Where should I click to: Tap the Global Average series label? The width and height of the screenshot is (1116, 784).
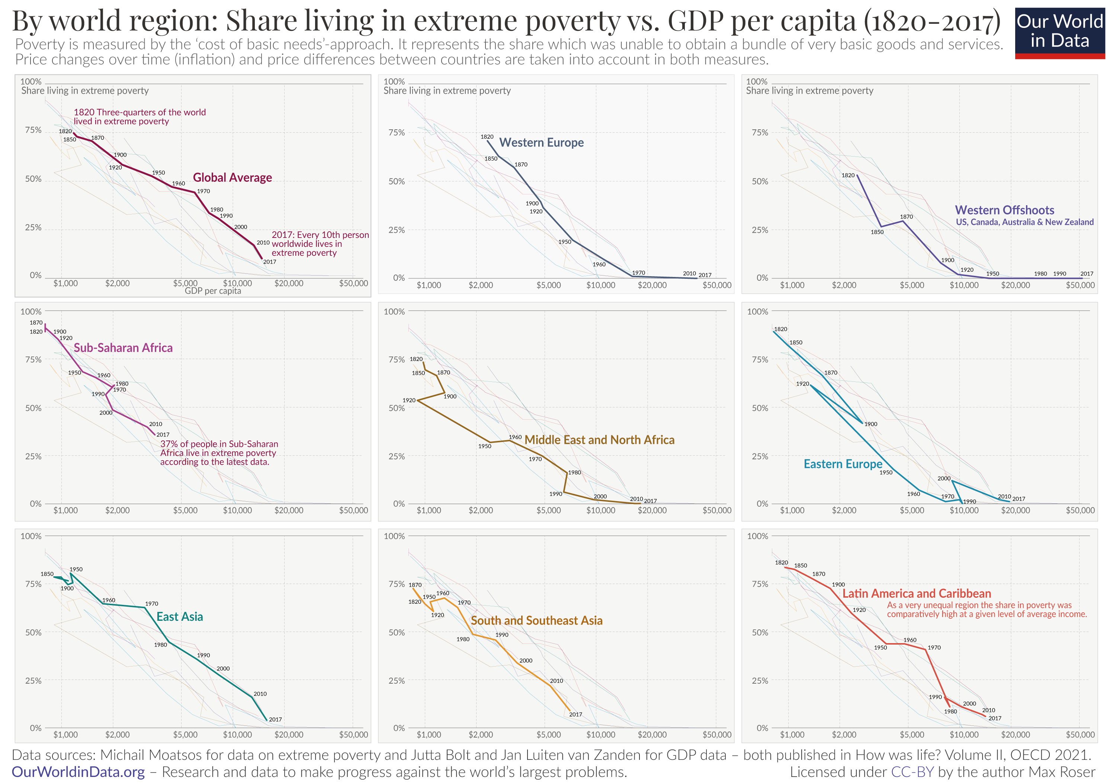232,178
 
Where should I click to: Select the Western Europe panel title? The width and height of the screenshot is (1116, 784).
542,143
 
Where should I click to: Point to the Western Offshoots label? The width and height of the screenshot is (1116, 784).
1004,210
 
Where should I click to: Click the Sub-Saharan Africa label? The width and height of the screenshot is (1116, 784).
123,348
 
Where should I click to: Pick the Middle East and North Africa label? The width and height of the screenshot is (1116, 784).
599,440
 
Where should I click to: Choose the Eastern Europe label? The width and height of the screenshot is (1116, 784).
843,464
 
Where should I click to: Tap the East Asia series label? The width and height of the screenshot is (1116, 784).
179,617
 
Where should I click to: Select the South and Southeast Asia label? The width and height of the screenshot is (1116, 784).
537,621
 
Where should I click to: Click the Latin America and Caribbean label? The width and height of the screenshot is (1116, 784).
916,594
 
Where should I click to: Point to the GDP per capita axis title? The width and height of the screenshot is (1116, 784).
213,291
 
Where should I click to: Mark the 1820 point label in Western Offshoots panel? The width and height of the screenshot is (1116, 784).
848,175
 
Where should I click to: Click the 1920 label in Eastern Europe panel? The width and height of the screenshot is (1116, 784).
802,384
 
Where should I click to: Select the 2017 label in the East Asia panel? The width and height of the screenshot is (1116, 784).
275,719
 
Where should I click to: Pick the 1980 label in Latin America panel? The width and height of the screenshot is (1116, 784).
950,712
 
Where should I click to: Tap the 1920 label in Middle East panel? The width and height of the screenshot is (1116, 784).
409,400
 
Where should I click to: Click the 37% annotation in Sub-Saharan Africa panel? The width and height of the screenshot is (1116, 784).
219,453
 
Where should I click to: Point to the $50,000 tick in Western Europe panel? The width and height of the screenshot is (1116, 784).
716,285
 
